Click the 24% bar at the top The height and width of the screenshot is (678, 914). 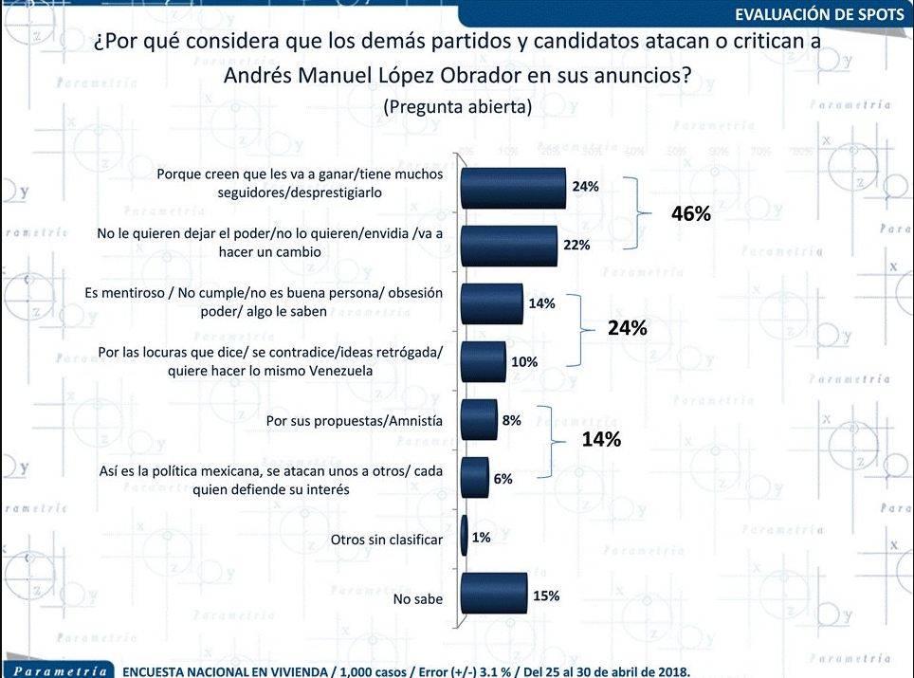point(512,188)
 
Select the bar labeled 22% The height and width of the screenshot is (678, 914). point(508,246)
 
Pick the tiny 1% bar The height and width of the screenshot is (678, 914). point(464,538)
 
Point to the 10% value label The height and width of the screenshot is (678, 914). point(524,362)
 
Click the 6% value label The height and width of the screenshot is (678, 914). point(503,479)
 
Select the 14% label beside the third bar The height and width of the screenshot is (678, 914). point(541,303)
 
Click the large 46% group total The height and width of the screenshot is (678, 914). point(690,214)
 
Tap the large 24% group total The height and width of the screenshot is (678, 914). point(627,329)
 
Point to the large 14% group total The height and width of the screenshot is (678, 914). point(601,439)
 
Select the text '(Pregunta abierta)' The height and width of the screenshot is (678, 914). point(457,107)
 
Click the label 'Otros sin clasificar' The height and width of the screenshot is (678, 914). point(387,540)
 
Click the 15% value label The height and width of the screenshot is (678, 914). point(546,596)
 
